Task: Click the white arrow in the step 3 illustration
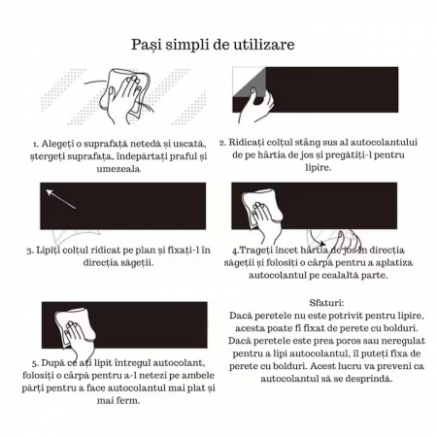click(x=60, y=200)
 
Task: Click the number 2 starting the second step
click(x=222, y=143)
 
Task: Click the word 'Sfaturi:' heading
click(x=325, y=303)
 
